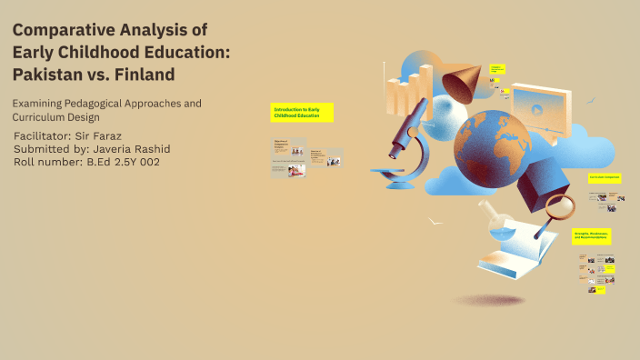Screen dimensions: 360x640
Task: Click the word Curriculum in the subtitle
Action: point(40,117)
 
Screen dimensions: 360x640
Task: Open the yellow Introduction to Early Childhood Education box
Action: point(302,112)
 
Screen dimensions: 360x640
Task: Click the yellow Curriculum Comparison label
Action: point(604,177)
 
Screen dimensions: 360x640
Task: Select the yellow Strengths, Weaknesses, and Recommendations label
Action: point(591,235)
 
